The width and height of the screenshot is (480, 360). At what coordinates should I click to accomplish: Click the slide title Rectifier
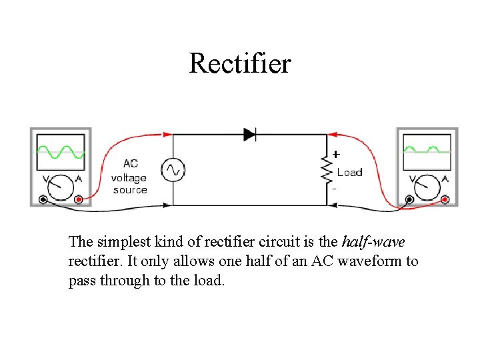pos(240,63)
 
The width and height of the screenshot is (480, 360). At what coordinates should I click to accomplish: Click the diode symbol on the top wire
pos(250,134)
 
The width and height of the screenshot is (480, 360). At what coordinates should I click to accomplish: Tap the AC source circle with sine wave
pos(174,170)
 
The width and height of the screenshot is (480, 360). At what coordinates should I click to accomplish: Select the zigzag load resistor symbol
pos(327,170)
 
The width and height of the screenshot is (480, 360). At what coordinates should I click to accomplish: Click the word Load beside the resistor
pos(349,173)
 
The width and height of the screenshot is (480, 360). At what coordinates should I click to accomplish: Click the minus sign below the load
pos(334,189)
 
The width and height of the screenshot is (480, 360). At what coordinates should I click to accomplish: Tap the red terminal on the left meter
pos(79,199)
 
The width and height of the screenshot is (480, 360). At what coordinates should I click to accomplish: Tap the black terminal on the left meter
pos(43,199)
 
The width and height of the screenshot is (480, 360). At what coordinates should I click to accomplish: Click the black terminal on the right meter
pos(410,199)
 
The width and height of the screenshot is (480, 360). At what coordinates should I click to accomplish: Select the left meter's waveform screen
pos(61,151)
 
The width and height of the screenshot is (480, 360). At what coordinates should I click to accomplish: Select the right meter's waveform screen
pos(427,151)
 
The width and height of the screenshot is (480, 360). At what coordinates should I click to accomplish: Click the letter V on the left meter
pos(45,179)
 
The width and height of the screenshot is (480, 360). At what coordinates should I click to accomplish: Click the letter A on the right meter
pos(445,179)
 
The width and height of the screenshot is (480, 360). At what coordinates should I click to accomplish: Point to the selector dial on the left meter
pos(61,186)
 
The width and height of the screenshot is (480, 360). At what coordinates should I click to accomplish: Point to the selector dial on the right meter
pos(427,186)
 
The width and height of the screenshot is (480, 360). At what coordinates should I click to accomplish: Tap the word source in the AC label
pos(130,190)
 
